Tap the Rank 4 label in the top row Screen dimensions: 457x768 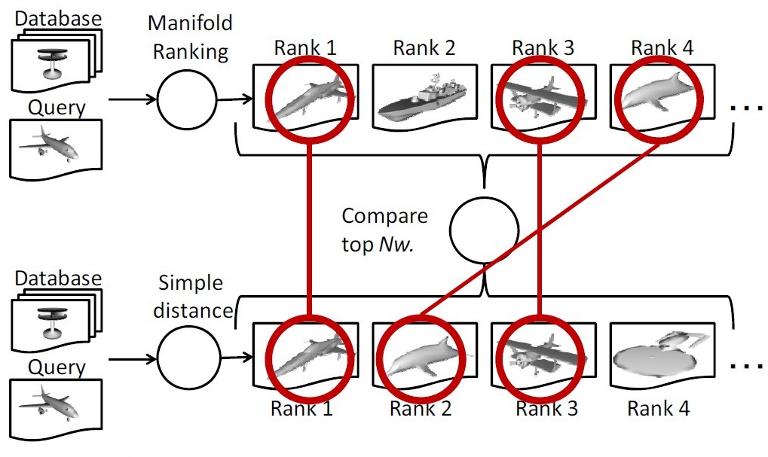(x=662, y=47)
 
